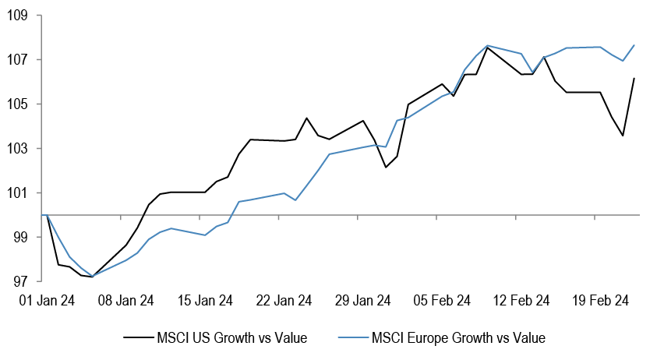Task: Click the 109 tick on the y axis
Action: [18, 16]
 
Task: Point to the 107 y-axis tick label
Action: [18, 60]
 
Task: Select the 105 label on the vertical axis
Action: [18, 104]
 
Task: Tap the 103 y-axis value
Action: [18, 149]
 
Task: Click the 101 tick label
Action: [18, 193]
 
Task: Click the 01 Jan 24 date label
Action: [47, 301]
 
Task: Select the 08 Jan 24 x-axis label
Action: [126, 301]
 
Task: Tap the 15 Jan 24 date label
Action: [205, 301]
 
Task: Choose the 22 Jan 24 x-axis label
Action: [284, 301]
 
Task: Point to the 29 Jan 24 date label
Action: [363, 301]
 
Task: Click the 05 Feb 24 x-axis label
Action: [442, 301]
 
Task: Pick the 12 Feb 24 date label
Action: [521, 301]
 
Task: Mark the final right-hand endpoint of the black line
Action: [634, 78]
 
